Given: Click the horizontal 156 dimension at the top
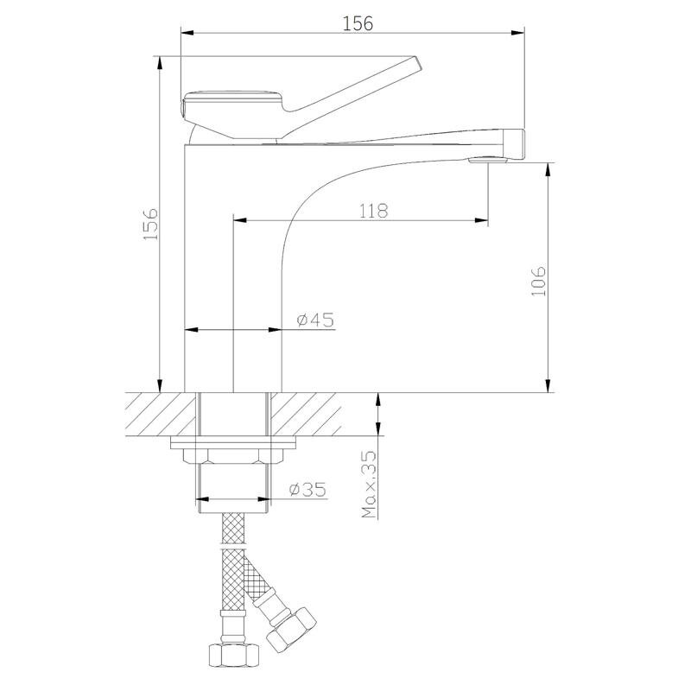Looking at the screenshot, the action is tap(358, 23).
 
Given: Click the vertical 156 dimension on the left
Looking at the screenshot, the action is tap(151, 224).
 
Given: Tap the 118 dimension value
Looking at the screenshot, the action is tap(374, 211).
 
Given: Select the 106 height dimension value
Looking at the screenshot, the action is tap(538, 281).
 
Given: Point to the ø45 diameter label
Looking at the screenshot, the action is tap(315, 320).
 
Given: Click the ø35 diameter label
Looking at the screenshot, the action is tap(307, 489).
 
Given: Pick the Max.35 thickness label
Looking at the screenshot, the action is tap(370, 484).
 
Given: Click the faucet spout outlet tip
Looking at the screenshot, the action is tap(515, 144).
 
